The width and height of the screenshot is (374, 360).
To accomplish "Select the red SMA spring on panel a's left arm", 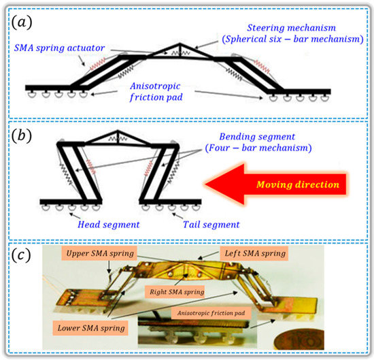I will [x=93, y=65].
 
